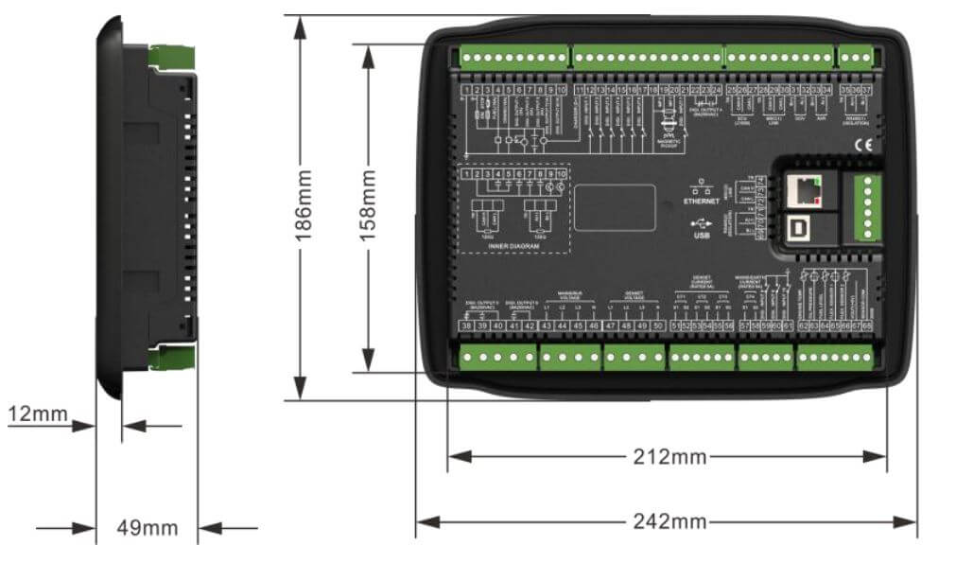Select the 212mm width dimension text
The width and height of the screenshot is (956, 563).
pyautogui.click(x=669, y=457)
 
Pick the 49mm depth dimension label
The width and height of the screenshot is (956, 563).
pyautogui.click(x=146, y=528)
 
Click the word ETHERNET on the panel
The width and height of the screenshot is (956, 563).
pyautogui.click(x=702, y=201)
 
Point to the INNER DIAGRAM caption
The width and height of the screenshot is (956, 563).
pyautogui.click(x=513, y=246)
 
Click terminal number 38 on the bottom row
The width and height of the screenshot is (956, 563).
pyautogui.click(x=466, y=325)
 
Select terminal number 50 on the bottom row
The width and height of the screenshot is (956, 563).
pyautogui.click(x=658, y=325)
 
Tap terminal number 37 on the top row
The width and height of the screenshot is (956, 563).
pyautogui.click(x=866, y=89)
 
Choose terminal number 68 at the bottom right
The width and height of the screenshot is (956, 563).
pyautogui.click(x=866, y=325)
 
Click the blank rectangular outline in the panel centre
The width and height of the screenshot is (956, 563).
pyautogui.click(x=615, y=208)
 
